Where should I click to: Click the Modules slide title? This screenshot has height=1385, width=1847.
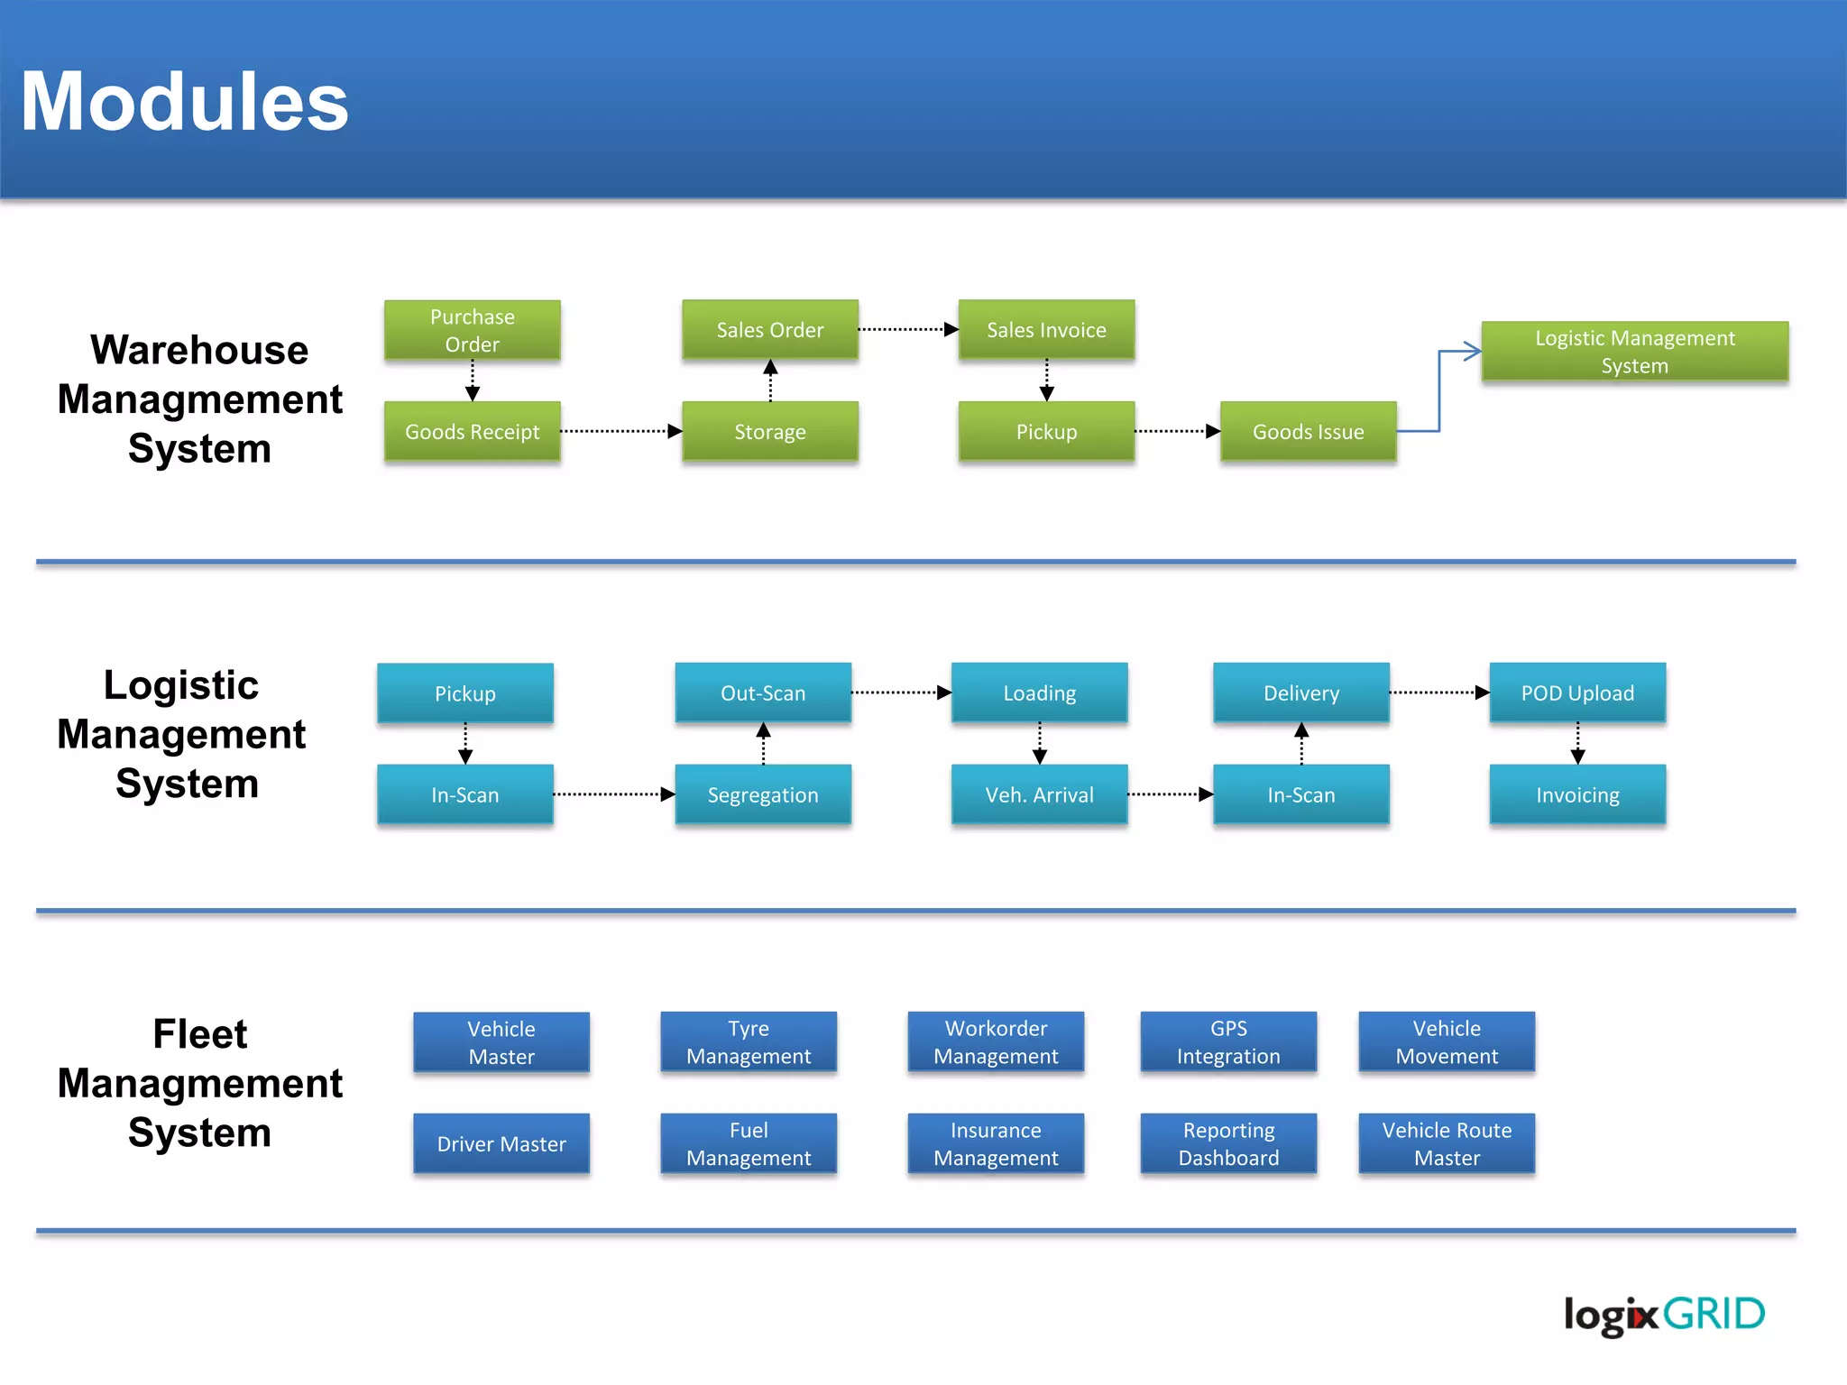click(185, 102)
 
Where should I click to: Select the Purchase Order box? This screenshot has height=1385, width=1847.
click(472, 330)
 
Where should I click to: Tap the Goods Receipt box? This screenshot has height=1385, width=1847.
click(472, 432)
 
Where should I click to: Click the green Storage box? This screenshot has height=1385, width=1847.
click(769, 432)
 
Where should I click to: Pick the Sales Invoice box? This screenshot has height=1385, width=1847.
click(1046, 330)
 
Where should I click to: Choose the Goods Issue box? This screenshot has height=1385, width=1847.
click(1308, 432)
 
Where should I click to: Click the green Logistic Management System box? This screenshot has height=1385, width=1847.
click(1634, 352)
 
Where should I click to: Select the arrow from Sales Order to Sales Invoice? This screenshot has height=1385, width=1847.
click(907, 330)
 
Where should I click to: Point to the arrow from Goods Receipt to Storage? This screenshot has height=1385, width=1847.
click(620, 432)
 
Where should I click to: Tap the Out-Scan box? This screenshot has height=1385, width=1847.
click(763, 692)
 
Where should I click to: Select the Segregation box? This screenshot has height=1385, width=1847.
click(763, 794)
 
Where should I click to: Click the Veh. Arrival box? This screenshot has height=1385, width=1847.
click(1039, 794)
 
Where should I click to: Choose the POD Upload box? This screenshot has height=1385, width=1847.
click(1577, 692)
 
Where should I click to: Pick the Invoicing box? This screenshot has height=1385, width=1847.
click(1577, 794)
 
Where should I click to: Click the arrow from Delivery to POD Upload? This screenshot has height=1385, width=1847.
click(1438, 692)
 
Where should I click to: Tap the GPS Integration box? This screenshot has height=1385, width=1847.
click(1228, 1041)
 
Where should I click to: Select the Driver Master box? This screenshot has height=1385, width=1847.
click(501, 1143)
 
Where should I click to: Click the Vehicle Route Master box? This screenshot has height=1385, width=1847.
click(1447, 1143)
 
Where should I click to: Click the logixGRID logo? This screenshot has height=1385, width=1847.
click(1663, 1315)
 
